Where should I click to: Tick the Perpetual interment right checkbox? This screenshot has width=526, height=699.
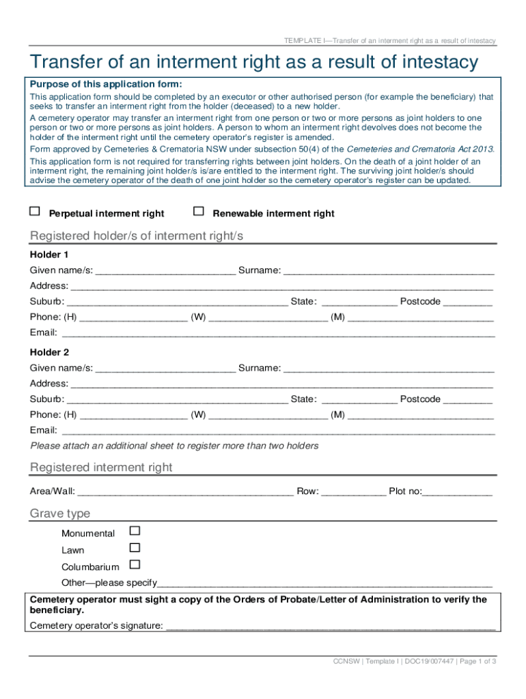click(35, 212)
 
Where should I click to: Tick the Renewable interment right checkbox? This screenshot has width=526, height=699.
click(199, 212)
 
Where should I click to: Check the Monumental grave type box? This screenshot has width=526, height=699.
click(135, 530)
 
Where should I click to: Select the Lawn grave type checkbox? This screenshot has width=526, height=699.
click(135, 547)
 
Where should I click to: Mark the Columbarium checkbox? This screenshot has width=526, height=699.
click(135, 565)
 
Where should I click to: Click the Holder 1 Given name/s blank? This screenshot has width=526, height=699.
click(165, 271)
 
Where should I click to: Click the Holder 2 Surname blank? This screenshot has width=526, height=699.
click(388, 369)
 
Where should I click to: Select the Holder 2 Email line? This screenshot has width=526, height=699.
click(277, 431)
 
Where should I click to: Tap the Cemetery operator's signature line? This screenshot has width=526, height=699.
click(331, 626)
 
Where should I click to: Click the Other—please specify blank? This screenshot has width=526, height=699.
click(324, 584)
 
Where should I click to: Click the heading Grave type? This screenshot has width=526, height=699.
click(60, 513)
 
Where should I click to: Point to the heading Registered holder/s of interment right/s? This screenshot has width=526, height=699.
click(137, 236)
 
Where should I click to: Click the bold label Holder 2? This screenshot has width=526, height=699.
click(49, 353)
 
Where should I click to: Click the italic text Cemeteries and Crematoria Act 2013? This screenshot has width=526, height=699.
click(420, 149)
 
